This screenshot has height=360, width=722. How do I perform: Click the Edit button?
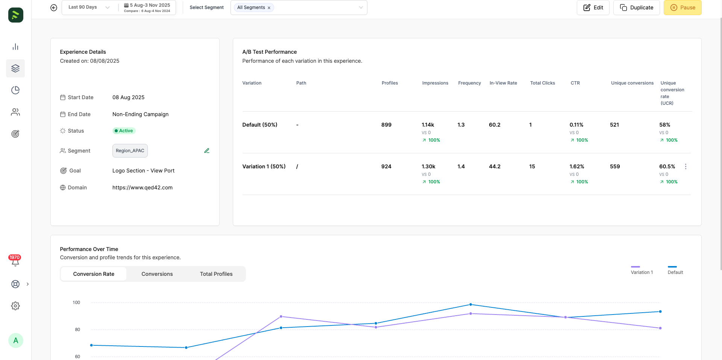pos(593,8)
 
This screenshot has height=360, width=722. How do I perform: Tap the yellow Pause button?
pos(683,8)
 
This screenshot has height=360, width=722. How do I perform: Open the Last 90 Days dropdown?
pos(89,7)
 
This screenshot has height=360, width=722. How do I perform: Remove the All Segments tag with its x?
pos(269,8)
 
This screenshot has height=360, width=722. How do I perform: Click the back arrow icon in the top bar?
pos(54,8)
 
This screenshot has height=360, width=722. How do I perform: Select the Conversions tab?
pos(157,274)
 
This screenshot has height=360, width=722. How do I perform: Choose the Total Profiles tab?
pos(216,274)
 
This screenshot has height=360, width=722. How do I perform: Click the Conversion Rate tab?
pos(94,274)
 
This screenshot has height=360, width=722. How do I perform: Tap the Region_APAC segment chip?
pos(130,151)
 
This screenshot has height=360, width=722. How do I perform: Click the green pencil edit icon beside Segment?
pos(207,151)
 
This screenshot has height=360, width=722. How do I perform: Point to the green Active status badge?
pos(124,131)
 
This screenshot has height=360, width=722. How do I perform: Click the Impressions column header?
pos(435,83)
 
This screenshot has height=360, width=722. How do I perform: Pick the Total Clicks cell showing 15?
pos(532,166)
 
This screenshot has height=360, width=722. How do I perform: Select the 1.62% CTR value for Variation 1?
pos(577,166)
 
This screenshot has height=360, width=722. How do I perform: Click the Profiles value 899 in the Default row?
pos(386,125)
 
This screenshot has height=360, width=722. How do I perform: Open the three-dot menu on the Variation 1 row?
pos(686,166)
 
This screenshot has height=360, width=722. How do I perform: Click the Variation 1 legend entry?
pos(642,270)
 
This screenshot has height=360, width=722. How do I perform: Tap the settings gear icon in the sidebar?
pos(15,306)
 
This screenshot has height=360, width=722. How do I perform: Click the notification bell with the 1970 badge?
pos(15,261)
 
